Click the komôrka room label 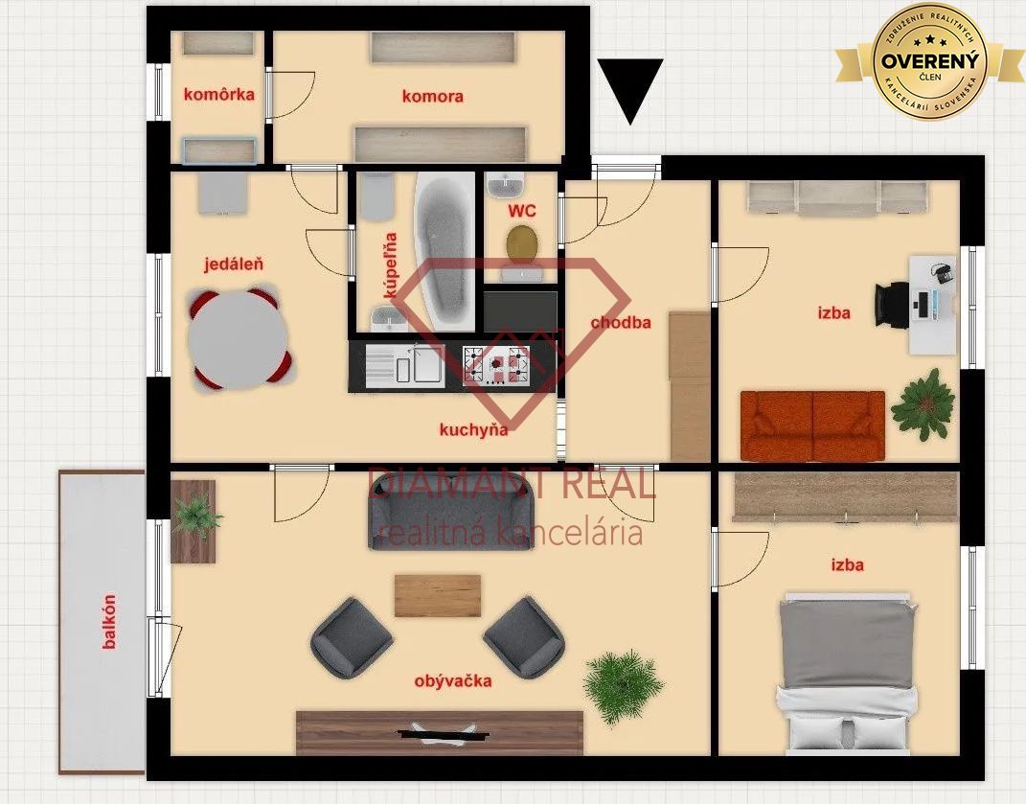[x=219, y=94]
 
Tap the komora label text [x=432, y=96]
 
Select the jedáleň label [x=234, y=264]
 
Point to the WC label [x=521, y=211]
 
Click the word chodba [x=621, y=322]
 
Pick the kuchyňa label [x=474, y=430]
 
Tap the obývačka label [x=453, y=681]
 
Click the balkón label [x=109, y=621]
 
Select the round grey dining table [x=238, y=340]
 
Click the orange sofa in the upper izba [x=812, y=426]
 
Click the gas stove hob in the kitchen [x=496, y=364]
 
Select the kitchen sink [x=405, y=364]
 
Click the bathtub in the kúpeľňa [x=445, y=251]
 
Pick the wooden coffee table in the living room [x=438, y=596]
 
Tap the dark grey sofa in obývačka [x=451, y=512]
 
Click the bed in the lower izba [x=848, y=673]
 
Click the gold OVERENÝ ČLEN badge [x=930, y=61]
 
